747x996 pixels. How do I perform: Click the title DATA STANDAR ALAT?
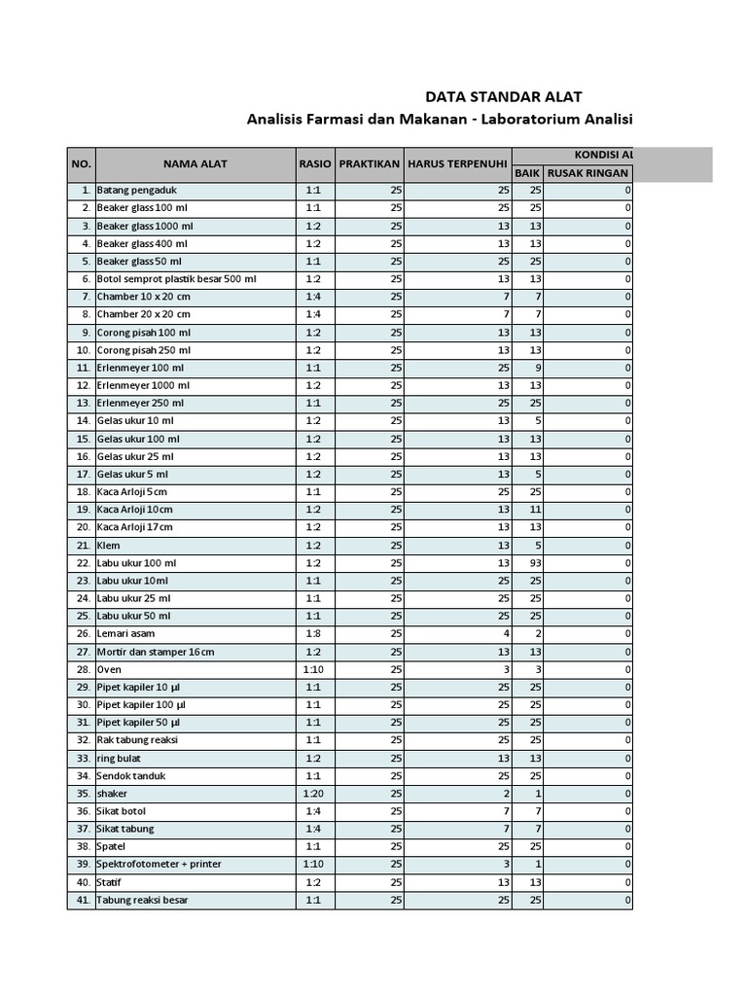tap(505, 96)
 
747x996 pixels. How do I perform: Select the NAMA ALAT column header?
tap(195, 163)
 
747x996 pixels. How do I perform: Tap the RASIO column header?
tap(315, 163)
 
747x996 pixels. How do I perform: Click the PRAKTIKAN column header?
tap(370, 163)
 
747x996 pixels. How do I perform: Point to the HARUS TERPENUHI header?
tap(458, 163)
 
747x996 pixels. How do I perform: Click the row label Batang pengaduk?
tap(136, 191)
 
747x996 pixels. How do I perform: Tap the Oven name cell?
tap(109, 670)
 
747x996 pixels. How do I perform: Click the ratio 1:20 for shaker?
tap(315, 794)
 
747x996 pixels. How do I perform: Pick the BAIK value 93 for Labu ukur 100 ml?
tap(535, 563)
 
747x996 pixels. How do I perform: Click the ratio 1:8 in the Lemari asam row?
tap(315, 634)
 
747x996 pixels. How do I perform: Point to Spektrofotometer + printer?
tap(159, 865)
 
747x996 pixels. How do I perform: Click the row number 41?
tap(83, 901)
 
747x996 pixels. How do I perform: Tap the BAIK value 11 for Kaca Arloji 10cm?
tap(535, 510)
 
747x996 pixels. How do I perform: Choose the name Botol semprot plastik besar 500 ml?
tap(176, 279)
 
